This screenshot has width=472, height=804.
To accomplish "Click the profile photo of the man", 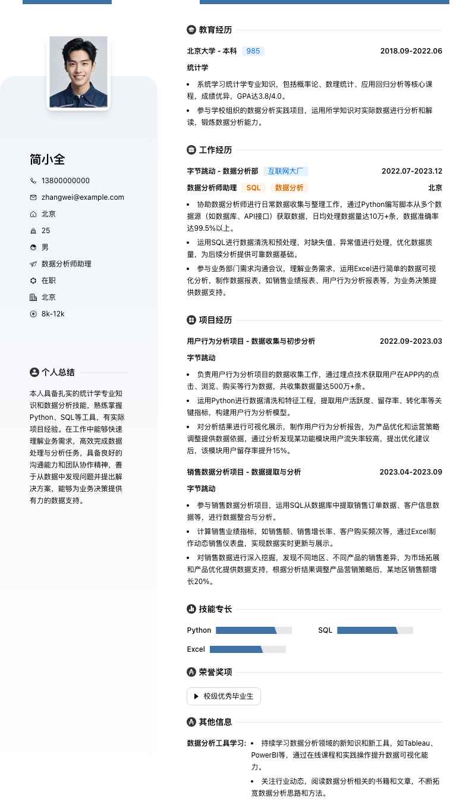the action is click(x=78, y=71).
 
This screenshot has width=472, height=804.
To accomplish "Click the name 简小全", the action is click(x=47, y=159).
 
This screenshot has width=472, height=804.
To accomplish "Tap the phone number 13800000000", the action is click(x=65, y=181).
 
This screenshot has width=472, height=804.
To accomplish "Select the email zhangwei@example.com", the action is click(x=83, y=197).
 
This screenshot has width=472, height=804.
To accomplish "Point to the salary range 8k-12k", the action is click(x=53, y=314).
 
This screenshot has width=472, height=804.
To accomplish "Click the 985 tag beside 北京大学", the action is click(x=253, y=51).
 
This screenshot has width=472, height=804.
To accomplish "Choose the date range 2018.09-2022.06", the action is click(x=411, y=51).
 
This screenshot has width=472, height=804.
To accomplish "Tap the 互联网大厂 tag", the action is click(x=285, y=171).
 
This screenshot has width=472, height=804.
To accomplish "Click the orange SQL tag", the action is click(x=254, y=188).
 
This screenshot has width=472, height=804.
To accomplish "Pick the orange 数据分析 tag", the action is click(x=290, y=188).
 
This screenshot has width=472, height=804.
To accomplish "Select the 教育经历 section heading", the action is click(x=215, y=30).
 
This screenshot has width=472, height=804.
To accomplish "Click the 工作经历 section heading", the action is click(x=215, y=150).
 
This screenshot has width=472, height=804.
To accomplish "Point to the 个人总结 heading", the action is click(x=58, y=372).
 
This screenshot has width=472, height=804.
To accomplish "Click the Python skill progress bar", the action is click(x=253, y=630).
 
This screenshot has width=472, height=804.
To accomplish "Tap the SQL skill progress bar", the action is click(x=375, y=630).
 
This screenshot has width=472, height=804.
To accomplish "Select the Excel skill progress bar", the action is click(x=247, y=649).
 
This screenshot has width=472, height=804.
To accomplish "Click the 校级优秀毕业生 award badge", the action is click(x=224, y=696).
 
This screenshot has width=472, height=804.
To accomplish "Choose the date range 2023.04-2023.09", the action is click(x=411, y=472).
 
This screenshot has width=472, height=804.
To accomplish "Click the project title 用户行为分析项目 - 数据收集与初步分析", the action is click(x=251, y=341).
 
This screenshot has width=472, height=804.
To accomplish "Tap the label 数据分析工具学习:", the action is click(x=216, y=743).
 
